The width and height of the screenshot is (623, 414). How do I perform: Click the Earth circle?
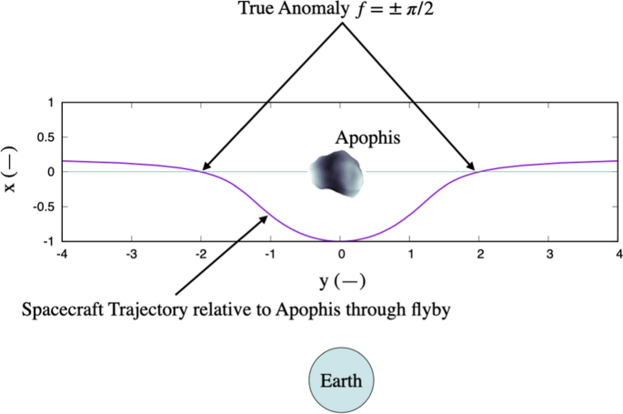(341, 381)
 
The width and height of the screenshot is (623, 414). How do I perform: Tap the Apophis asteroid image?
(336, 175)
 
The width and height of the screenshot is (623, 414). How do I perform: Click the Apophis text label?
(367, 139)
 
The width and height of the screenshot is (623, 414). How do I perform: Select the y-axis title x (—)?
(12, 171)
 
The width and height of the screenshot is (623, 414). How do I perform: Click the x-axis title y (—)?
(340, 278)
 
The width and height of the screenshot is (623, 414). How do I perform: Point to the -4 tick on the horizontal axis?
(62, 254)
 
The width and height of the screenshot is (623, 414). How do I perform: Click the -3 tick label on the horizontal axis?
(131, 254)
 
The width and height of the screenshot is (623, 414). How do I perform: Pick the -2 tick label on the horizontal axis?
(200, 254)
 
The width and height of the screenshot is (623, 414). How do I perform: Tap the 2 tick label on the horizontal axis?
(479, 254)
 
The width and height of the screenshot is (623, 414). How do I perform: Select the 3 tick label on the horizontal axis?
(549, 254)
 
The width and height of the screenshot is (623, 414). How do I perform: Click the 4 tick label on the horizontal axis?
(618, 254)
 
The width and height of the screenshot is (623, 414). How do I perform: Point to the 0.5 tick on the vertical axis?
(44, 136)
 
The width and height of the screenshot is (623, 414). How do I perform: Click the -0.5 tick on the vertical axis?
(42, 207)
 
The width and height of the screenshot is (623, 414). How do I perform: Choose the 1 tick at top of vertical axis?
(50, 102)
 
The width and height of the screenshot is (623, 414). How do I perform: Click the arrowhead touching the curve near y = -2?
(206, 167)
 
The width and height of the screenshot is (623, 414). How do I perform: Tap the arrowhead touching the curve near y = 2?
(471, 167)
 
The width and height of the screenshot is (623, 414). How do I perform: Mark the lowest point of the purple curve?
(340, 241)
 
